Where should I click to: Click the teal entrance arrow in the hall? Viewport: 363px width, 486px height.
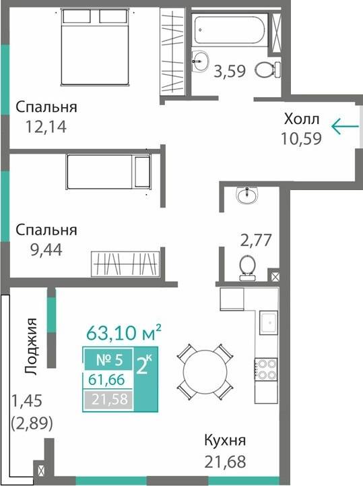343,125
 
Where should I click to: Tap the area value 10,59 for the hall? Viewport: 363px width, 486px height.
301,139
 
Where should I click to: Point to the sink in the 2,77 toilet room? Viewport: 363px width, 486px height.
246,195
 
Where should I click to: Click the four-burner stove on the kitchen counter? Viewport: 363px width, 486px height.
267,370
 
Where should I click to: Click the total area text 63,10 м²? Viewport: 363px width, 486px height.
124,332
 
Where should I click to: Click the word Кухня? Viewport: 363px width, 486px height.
226,442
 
